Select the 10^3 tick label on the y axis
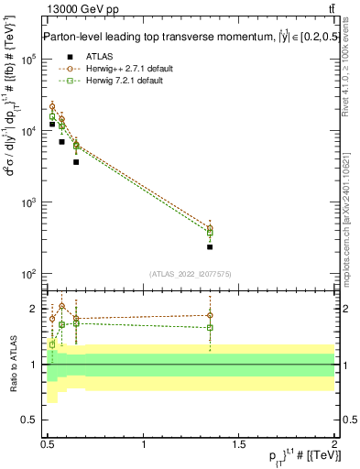point(28,202)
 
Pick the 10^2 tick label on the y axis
point(28,274)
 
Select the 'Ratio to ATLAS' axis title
point(12,364)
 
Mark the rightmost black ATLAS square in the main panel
point(210,247)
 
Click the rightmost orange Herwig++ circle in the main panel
point(210,228)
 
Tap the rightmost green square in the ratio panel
point(210,327)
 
